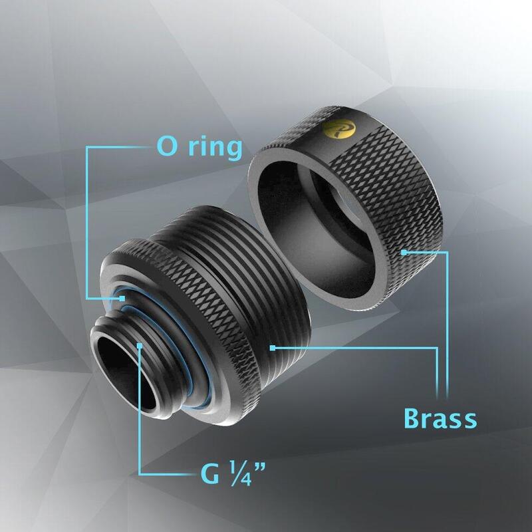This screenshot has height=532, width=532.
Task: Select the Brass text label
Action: coord(441,419)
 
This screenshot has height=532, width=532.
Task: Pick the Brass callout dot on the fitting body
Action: coord(273,346)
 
